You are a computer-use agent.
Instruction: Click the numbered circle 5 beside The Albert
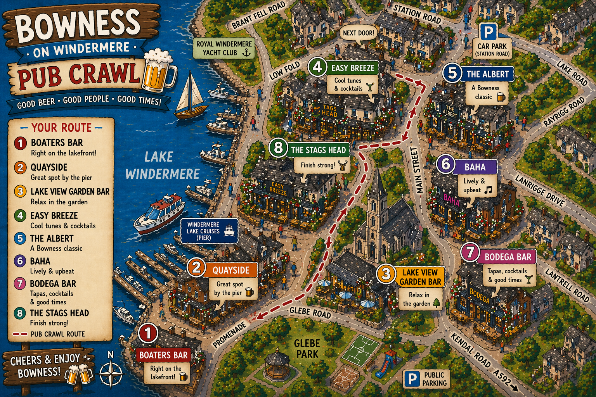tap(452, 73)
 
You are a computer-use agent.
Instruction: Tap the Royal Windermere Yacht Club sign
tap(224, 48)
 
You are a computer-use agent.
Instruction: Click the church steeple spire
tap(377, 182)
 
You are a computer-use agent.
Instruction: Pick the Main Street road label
tap(415, 170)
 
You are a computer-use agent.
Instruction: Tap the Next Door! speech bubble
tap(358, 33)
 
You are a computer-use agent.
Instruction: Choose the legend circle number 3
tap(20, 192)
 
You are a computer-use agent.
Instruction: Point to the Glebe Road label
tap(310, 312)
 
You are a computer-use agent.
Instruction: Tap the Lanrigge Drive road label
tap(539, 190)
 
